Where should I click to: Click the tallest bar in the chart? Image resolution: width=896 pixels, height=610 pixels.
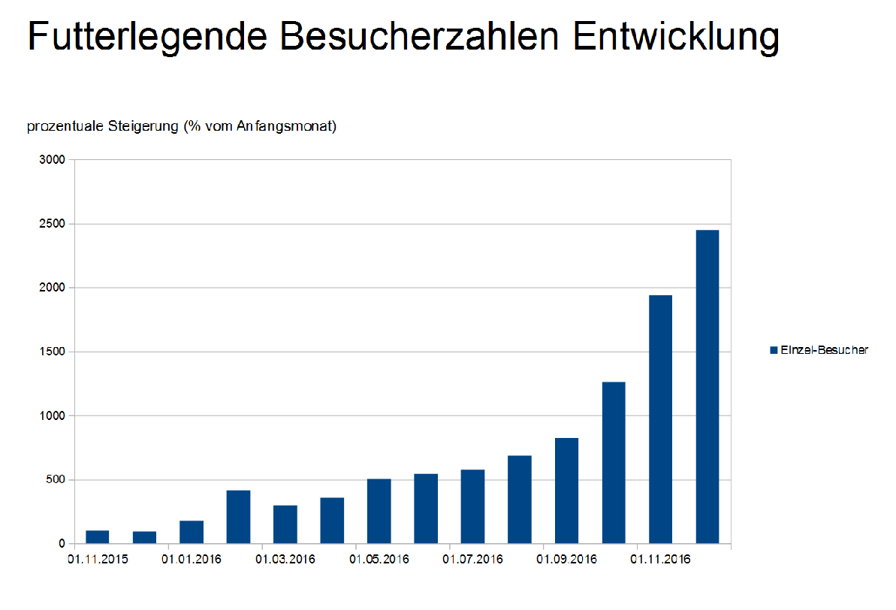(707, 387)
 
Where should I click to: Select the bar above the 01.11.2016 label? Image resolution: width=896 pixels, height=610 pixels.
(660, 419)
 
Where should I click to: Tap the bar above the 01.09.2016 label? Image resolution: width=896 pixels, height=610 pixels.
(566, 491)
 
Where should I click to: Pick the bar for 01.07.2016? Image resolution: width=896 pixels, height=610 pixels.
(472, 506)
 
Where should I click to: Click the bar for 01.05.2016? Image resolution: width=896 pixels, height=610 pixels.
(379, 511)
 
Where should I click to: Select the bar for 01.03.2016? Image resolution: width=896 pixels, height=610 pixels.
(285, 524)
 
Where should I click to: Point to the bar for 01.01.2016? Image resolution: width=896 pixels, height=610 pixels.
(191, 532)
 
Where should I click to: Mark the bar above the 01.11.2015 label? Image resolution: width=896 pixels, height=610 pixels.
(97, 536)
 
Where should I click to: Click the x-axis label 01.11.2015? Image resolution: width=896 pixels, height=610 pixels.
(97, 560)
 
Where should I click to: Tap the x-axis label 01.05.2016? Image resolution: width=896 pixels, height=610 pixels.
(379, 560)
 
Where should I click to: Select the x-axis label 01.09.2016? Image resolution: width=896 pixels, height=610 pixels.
(566, 560)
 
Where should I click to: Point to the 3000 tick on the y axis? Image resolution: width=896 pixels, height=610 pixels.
(55, 160)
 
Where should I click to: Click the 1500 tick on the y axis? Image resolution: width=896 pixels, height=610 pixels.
(55, 352)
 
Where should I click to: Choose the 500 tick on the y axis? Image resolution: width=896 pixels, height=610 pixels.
(58, 479)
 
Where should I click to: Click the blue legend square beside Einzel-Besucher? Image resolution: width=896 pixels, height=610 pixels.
(773, 350)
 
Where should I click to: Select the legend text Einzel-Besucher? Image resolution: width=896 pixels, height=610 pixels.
(824, 350)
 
